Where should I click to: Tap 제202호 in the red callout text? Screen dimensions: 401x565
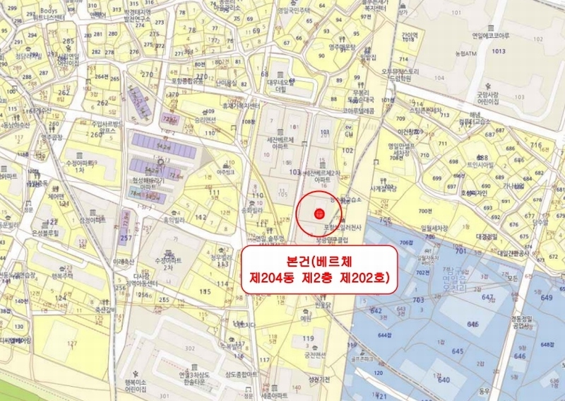click(367, 278)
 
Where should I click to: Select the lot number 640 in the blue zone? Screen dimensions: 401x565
click(444, 380)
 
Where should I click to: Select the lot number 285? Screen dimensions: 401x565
click(69, 42)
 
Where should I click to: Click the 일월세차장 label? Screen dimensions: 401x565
click(434, 228)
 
